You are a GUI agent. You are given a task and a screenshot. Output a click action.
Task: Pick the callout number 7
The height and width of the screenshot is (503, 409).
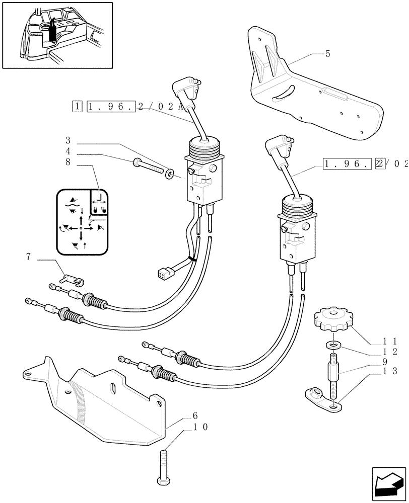click(28, 257)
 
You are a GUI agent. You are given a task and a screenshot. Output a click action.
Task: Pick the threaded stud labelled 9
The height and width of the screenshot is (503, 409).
click(333, 375)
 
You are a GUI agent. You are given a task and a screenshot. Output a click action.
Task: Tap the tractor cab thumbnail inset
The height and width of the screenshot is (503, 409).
click(57, 35)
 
